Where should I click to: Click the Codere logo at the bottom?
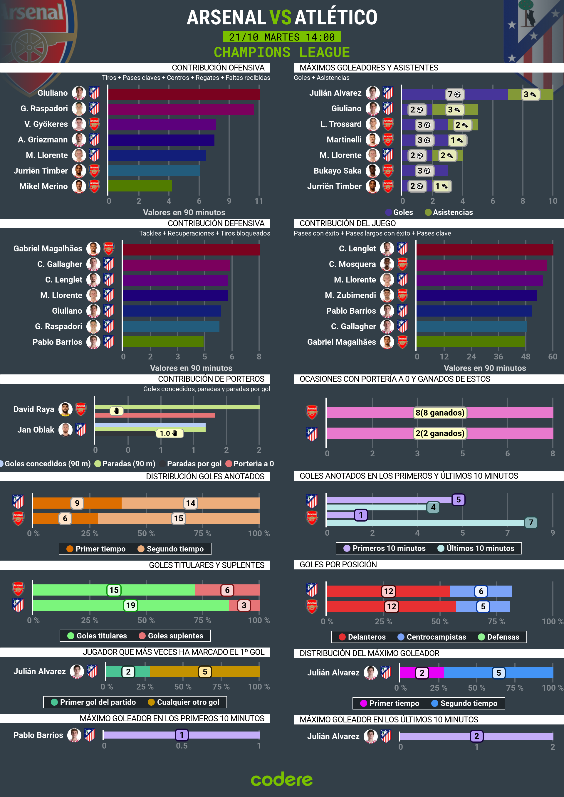282,779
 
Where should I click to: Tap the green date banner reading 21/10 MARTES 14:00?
282,37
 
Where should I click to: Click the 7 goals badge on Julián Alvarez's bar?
454,95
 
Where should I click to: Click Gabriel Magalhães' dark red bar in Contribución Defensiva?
191,250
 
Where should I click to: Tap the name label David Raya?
34,409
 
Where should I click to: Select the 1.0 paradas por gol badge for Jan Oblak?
169,433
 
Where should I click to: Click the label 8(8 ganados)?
440,413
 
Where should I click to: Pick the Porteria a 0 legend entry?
250,464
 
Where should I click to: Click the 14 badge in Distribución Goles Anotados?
190,503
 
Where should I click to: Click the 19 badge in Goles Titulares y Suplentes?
131,606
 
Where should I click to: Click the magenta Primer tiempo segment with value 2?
422,673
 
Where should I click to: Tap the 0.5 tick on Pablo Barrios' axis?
182,746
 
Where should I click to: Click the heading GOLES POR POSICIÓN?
338,564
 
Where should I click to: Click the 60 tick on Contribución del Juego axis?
552,357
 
